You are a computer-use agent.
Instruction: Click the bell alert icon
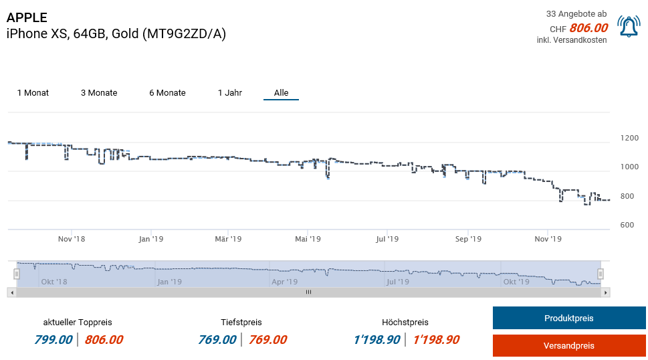click(629, 27)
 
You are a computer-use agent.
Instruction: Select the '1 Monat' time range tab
click(33, 93)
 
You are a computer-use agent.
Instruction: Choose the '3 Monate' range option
click(99, 93)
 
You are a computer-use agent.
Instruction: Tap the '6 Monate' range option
click(167, 93)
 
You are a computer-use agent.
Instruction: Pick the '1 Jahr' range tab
click(230, 93)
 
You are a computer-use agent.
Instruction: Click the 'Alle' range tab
click(281, 93)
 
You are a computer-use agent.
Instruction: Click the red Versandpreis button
click(569, 345)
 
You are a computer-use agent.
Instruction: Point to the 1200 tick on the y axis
click(629, 138)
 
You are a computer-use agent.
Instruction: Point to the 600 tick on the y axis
click(627, 225)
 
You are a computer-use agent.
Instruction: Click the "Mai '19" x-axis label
click(308, 239)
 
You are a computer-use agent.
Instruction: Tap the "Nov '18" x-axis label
click(72, 239)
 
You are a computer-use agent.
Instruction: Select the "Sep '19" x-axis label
click(468, 239)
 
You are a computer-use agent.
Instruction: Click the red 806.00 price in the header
click(588, 28)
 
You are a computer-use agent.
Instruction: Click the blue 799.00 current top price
click(53, 340)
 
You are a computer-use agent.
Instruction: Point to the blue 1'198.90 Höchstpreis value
click(377, 340)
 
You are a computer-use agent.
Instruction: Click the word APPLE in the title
click(27, 17)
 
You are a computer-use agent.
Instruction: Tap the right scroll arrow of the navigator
click(605, 292)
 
